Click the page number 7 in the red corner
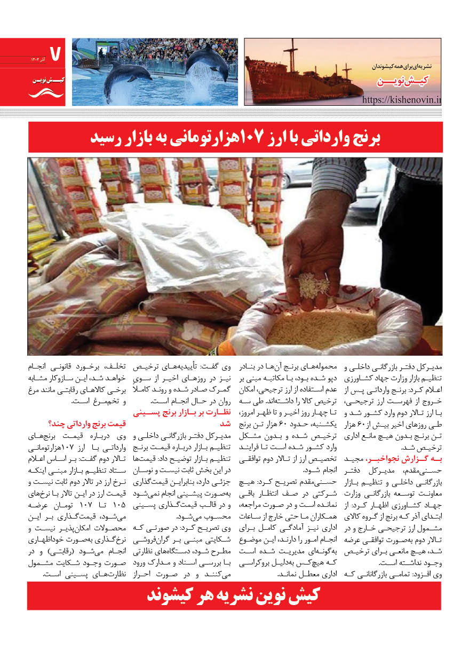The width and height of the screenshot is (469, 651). [x=55, y=52]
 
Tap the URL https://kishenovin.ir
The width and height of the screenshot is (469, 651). [x=402, y=99]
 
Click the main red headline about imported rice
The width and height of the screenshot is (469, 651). [x=235, y=137]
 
